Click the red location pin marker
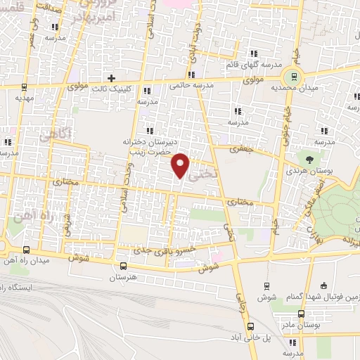pos(181,164)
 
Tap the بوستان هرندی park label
pos(307,170)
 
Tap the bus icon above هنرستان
pos(124,266)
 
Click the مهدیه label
pos(25,99)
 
